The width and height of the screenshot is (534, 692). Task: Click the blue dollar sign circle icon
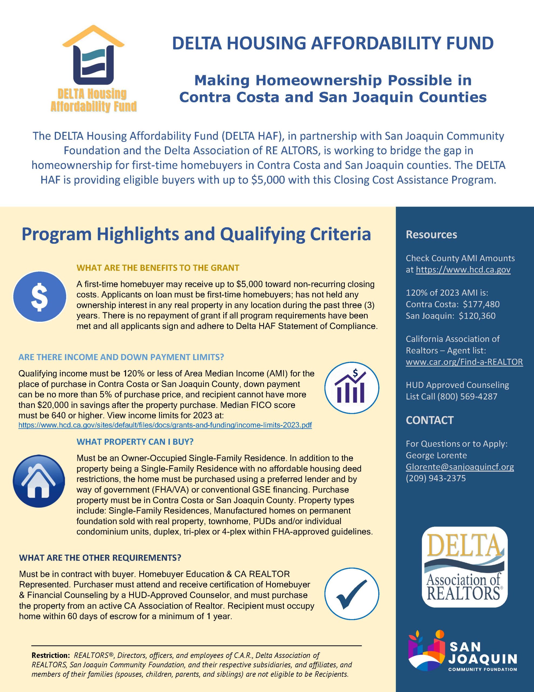tap(40, 297)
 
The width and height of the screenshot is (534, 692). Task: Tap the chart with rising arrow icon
tap(352, 388)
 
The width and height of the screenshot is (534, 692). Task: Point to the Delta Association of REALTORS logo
tap(464, 568)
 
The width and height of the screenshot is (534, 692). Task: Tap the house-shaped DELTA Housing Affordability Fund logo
tap(94, 68)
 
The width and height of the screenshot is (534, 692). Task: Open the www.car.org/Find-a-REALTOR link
tap(464, 362)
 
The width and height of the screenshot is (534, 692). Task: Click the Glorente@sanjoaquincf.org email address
tap(459, 467)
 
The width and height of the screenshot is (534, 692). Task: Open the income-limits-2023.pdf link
tap(165, 425)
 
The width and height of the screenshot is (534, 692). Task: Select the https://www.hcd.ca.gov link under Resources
tap(463, 270)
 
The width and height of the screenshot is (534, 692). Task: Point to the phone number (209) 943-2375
tap(435, 478)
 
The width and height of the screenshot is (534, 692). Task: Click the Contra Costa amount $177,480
tap(481, 304)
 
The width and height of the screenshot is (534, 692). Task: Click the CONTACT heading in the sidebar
tap(430, 420)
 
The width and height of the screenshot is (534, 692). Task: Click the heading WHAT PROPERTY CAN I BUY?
tap(135, 442)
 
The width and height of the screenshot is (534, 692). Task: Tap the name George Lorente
tap(436, 455)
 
